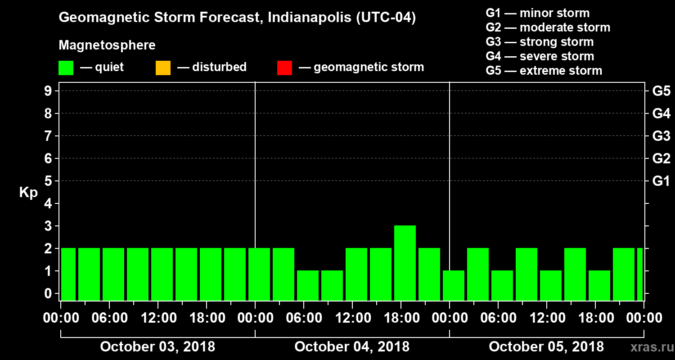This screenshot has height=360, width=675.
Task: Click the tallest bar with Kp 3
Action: coord(405,263)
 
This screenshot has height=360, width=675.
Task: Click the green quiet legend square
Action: coord(66,68)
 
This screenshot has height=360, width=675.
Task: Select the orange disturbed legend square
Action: coord(163,68)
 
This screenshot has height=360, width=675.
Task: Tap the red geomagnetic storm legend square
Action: coord(284,68)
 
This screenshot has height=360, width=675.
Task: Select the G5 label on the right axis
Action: coord(661,91)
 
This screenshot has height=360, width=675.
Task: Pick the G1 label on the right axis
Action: coord(661,181)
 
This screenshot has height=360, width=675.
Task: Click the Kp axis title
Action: coord(28,193)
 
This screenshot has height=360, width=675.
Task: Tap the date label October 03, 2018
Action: coord(157,347)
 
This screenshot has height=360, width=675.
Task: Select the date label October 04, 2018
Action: coord(352,347)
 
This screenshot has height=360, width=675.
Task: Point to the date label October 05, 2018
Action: coord(546,347)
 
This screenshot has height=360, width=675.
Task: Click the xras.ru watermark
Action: coord(649,347)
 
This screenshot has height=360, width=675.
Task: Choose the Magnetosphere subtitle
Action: coord(107,45)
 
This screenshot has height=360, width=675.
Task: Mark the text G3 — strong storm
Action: coord(540,42)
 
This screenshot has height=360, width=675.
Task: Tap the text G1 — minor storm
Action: coord(537,13)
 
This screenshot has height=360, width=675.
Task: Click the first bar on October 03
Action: coord(68,274)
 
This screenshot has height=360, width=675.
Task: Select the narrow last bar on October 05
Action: coord(640,274)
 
